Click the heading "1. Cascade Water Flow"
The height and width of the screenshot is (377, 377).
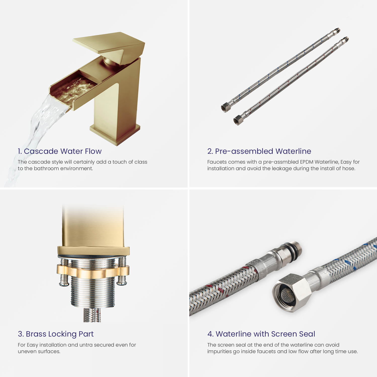click(x=60, y=151)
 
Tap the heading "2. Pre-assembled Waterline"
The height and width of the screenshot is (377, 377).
click(x=259, y=151)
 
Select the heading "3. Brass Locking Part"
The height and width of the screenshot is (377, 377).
click(x=56, y=334)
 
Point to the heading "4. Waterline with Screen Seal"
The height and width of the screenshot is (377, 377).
click(x=261, y=334)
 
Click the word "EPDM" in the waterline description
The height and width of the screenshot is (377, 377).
click(x=307, y=162)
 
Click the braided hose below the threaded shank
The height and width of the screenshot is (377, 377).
click(x=92, y=315)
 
